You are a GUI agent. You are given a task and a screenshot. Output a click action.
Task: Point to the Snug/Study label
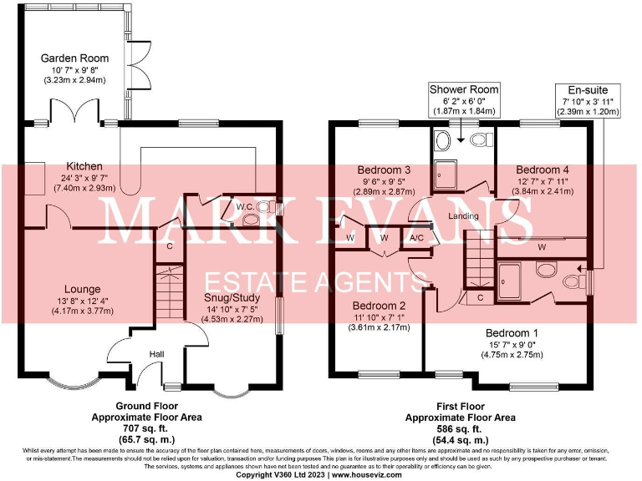(232, 297)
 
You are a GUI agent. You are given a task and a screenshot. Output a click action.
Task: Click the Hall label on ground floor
(156, 355)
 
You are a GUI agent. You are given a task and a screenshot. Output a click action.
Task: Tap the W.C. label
(245, 205)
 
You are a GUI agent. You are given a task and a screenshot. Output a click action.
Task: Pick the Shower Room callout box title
(464, 89)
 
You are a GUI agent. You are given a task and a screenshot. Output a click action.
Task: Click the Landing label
(463, 217)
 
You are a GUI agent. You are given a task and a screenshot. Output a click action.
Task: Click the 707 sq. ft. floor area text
(145, 428)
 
